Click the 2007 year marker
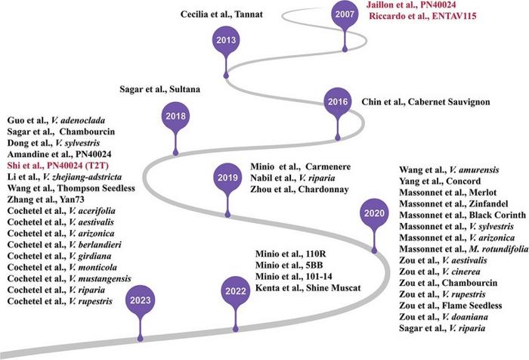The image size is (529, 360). pyautogui.click(x=344, y=16)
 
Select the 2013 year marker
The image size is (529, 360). pyautogui.click(x=224, y=41)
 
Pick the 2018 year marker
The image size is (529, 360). pyautogui.click(x=174, y=116)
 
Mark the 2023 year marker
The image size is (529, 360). pyautogui.click(x=139, y=300)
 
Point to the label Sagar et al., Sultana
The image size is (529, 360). pyautogui.click(x=159, y=88)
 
